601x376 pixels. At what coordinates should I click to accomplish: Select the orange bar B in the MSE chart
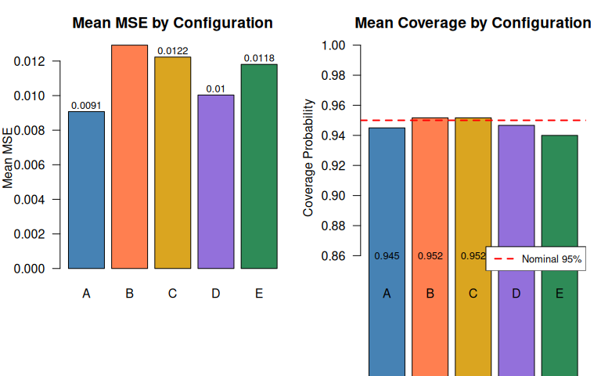(129, 157)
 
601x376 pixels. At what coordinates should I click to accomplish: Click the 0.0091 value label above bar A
(86, 105)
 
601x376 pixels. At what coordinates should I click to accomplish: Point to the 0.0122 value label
(173, 51)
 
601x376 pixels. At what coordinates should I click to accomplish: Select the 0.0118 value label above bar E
(259, 58)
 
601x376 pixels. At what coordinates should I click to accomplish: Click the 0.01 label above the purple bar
(216, 89)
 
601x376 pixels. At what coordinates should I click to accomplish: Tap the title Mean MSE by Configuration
(172, 23)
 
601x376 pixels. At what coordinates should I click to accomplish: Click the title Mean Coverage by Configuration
(473, 23)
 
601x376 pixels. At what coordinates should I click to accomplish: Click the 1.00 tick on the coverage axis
(334, 45)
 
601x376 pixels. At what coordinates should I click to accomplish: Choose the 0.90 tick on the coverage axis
(334, 196)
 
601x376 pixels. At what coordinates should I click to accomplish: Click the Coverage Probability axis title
(308, 157)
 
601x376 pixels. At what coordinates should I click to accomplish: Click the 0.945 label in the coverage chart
(387, 256)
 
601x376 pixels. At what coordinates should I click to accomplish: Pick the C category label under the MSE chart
(172, 294)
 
